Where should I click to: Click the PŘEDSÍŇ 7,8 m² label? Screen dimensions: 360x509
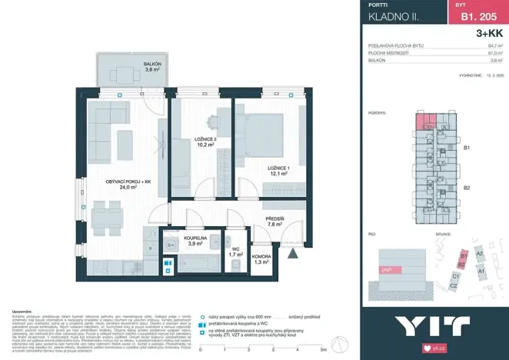click(x=275, y=222)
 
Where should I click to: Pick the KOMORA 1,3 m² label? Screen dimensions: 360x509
click(x=262, y=260)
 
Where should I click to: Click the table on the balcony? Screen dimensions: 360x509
click(x=124, y=75)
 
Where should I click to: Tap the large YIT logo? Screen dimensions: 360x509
click(x=433, y=325)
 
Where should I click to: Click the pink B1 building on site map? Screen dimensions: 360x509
click(x=463, y=256)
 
